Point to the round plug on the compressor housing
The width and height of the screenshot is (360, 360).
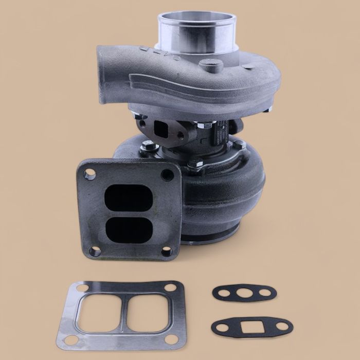(211, 65)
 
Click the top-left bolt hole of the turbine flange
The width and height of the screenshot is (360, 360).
(89, 174)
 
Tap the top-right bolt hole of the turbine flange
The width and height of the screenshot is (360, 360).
(167, 174)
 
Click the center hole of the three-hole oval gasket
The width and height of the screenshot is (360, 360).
(244, 293)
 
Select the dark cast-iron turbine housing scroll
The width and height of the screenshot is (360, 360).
(226, 190)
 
